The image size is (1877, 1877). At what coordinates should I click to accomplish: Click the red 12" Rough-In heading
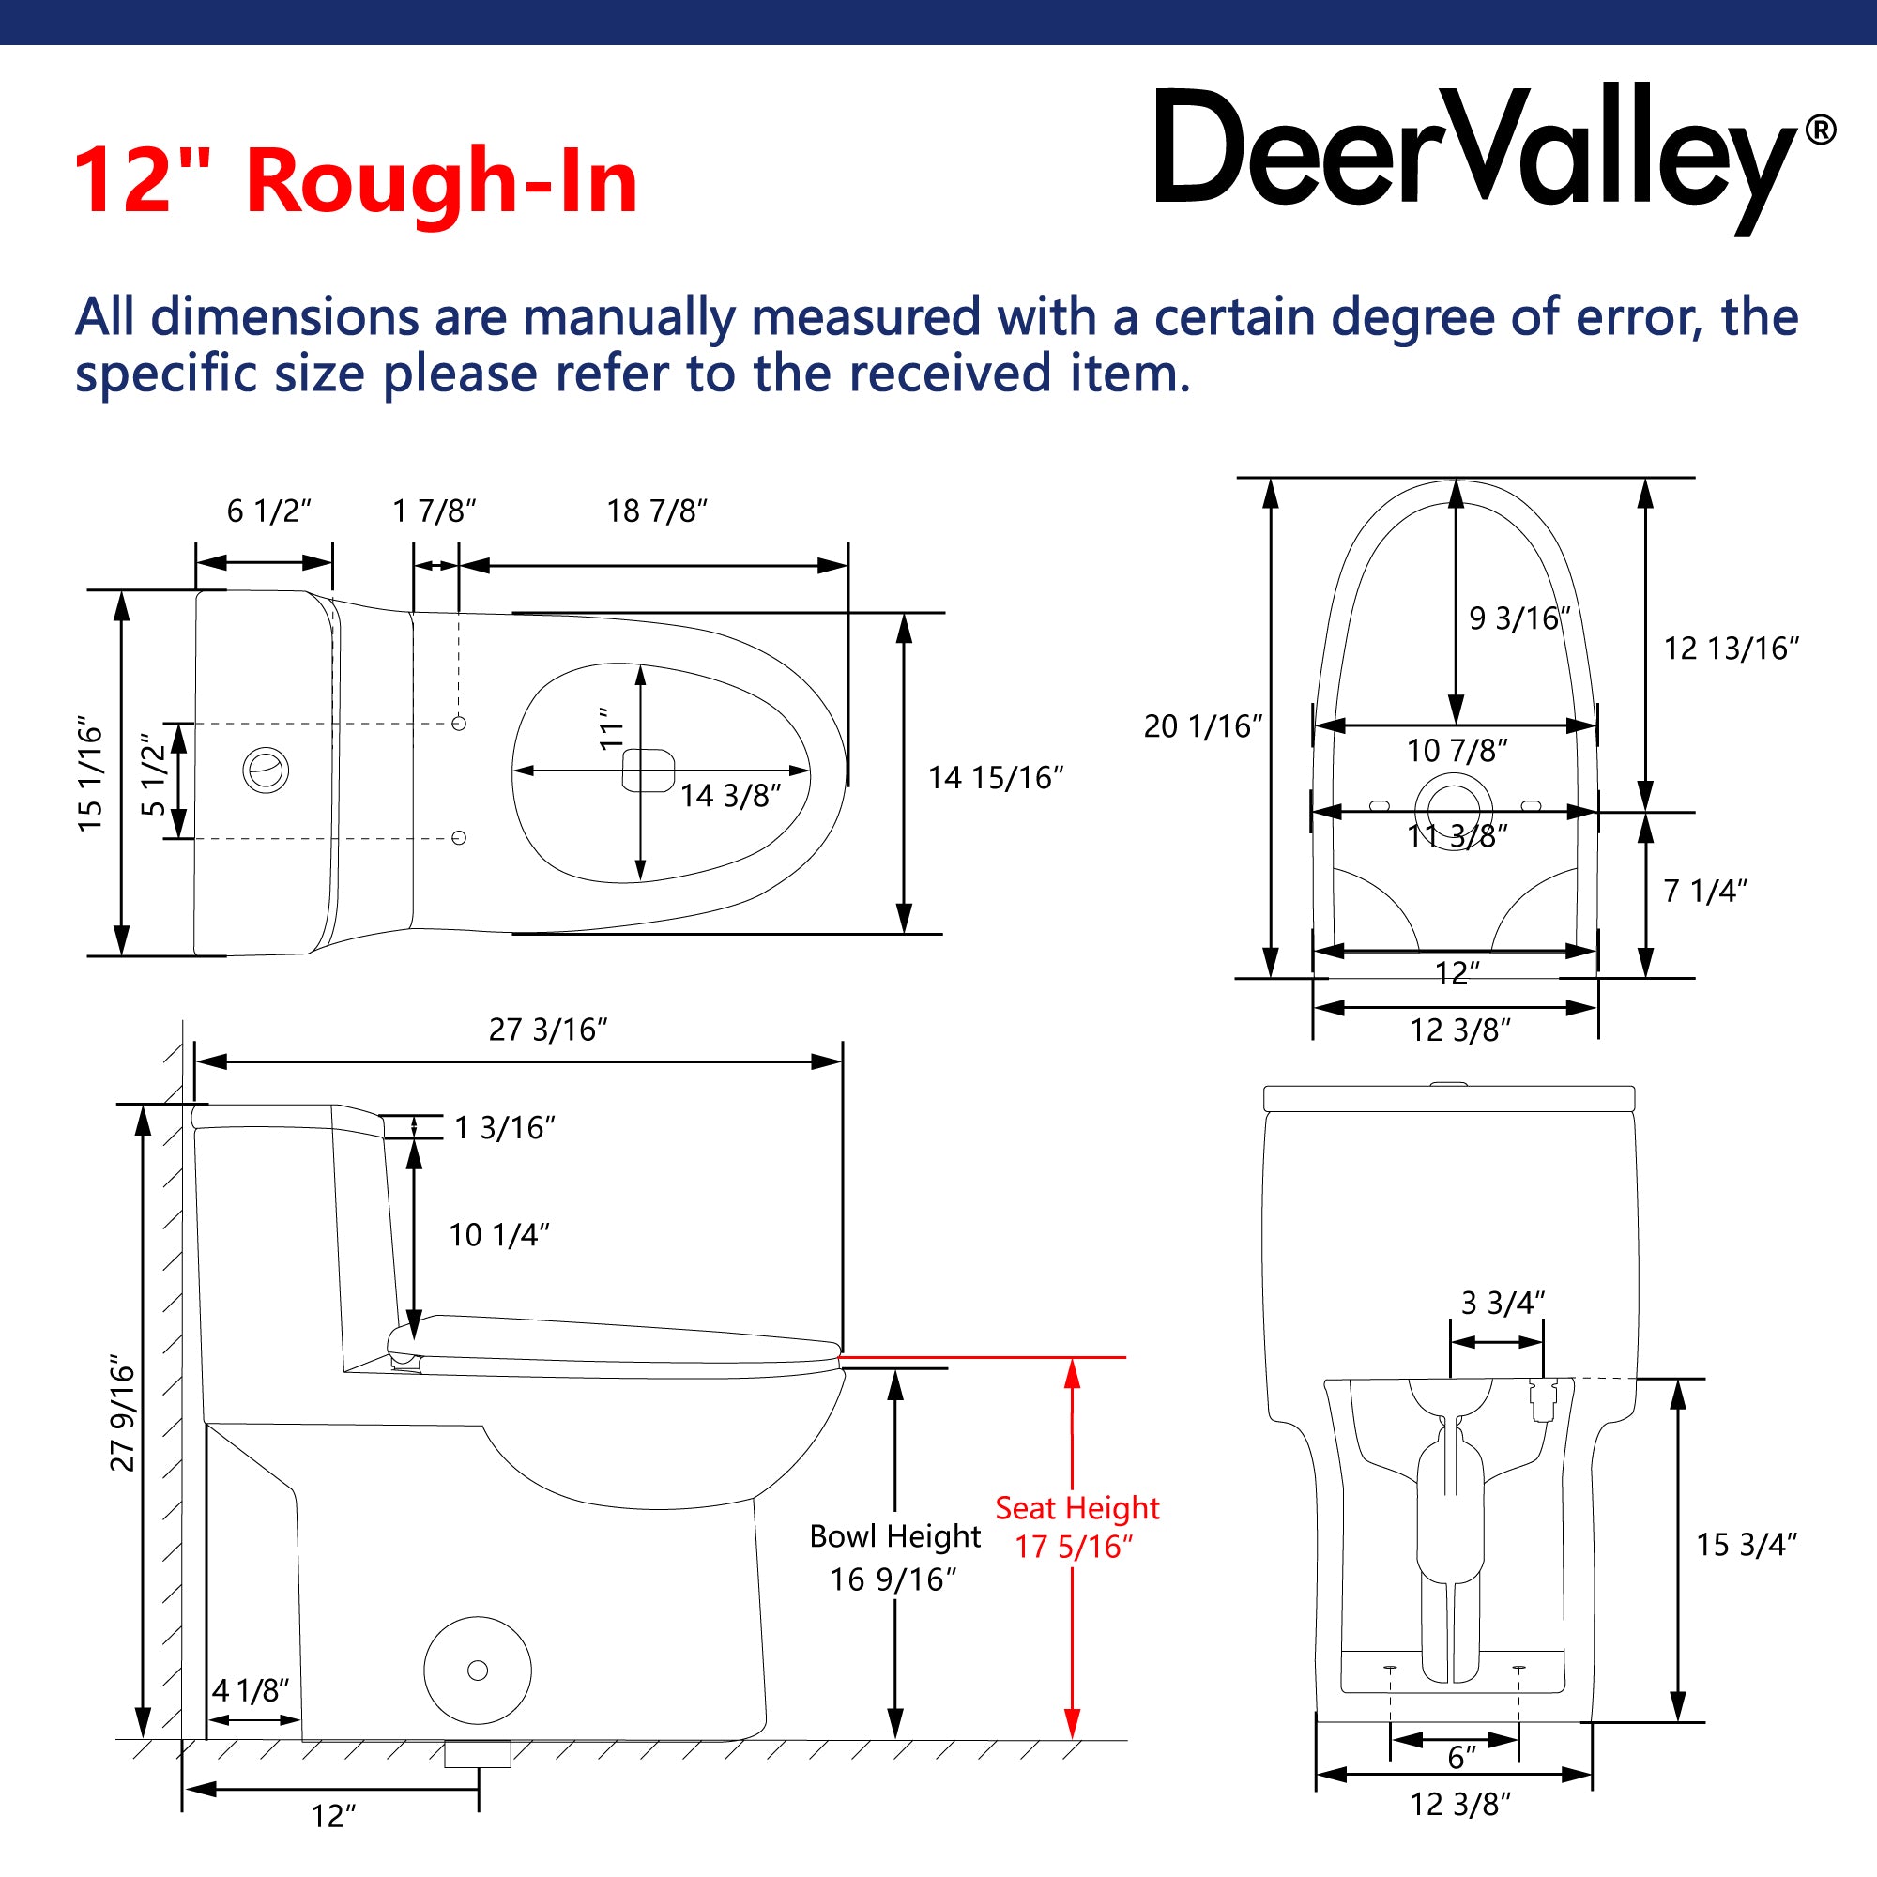point(356,181)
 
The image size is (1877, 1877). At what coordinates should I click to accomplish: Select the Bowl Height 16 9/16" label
point(894,1557)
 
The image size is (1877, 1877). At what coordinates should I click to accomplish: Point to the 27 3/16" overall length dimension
point(548,1030)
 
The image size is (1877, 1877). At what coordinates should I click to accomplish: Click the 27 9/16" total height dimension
point(123,1413)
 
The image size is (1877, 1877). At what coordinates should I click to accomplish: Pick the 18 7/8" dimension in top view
point(657,511)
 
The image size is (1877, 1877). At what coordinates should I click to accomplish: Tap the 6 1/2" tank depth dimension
point(269,511)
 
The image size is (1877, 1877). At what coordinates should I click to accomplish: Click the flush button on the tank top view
point(266,771)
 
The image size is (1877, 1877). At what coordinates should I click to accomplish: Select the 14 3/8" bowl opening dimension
point(729,796)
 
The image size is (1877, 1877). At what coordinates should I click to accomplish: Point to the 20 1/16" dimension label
point(1203,725)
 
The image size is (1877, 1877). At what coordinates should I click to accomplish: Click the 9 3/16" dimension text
point(1519,618)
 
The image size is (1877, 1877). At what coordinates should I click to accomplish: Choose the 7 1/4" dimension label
point(1705,891)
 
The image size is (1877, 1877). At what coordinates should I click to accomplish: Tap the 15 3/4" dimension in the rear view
point(1747,1545)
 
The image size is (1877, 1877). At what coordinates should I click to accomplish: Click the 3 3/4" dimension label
point(1503,1303)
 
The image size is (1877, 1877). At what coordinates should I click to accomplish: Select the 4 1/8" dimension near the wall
point(251,1690)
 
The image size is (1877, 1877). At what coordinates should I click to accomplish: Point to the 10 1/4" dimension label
point(498,1235)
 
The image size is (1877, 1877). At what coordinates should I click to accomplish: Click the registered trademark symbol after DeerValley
point(1820,130)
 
